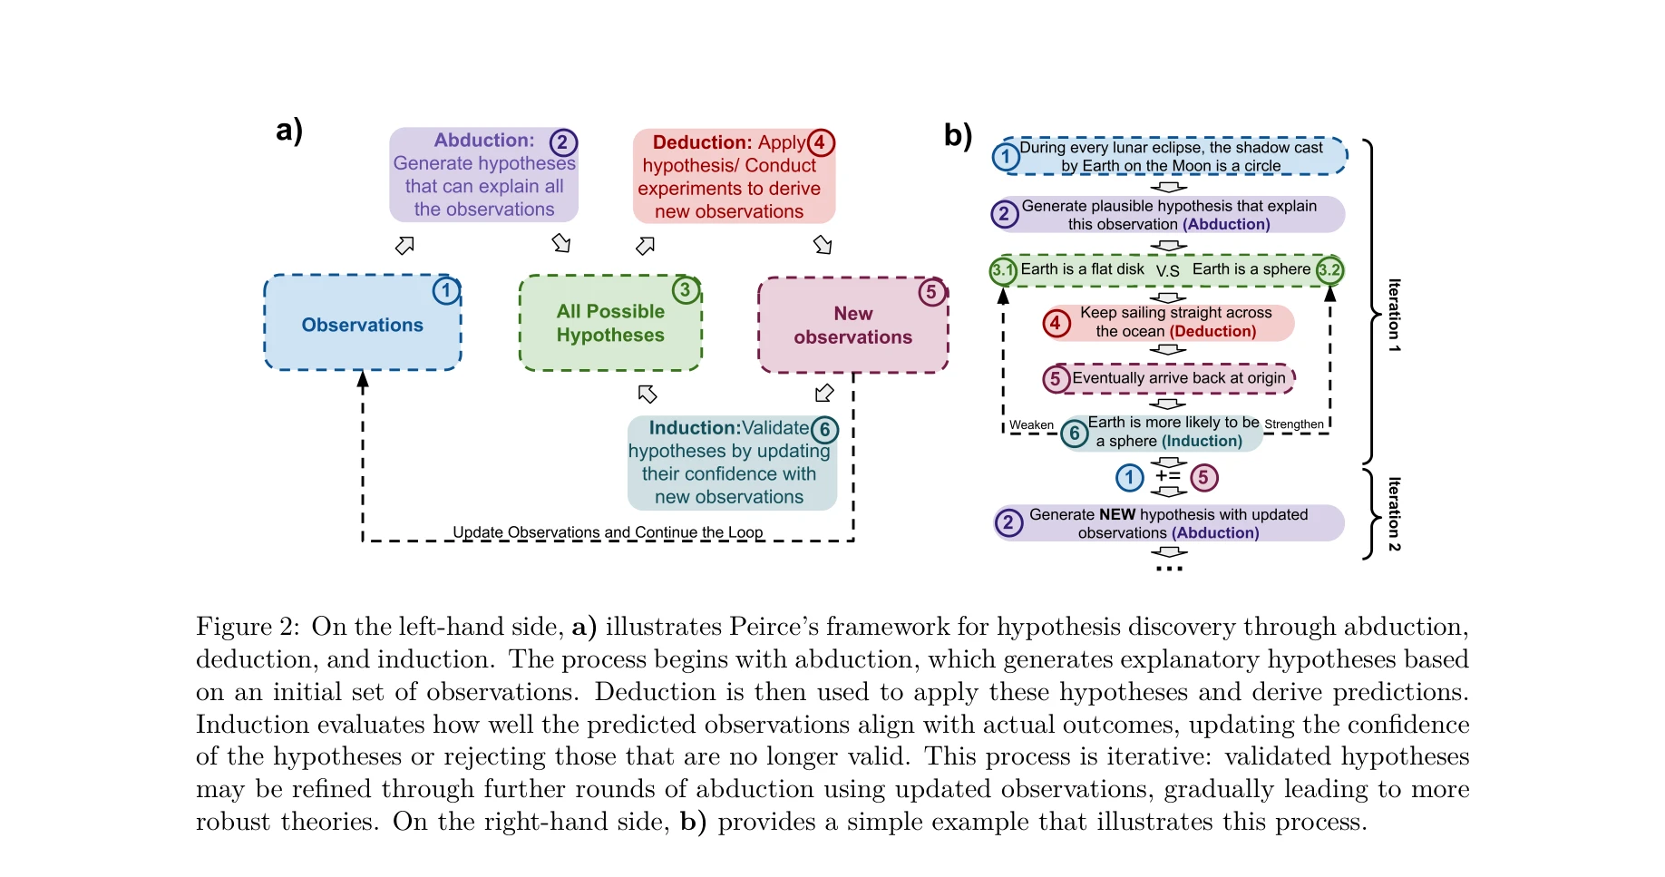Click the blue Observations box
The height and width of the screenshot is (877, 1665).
point(362,324)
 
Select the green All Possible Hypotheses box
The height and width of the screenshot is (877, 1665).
point(610,324)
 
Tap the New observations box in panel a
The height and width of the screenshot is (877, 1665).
point(852,326)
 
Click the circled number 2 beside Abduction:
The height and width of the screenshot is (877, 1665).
point(562,142)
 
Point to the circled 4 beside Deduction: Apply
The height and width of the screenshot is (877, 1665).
point(820,142)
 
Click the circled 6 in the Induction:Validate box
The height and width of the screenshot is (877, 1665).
point(824,430)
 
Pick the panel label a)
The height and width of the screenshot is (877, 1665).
point(289,131)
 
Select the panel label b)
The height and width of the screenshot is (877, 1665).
point(958,135)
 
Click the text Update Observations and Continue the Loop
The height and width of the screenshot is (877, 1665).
point(608,532)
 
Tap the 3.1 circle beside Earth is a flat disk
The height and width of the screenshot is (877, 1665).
point(1003,270)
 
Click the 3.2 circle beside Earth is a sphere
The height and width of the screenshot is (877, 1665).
point(1329,270)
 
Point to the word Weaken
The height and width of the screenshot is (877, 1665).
point(1031,425)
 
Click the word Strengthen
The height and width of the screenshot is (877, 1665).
point(1294,424)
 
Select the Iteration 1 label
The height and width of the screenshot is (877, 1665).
point(1395,316)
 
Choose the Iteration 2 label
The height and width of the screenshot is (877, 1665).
point(1395,513)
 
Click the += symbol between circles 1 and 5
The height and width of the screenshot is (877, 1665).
point(1168,476)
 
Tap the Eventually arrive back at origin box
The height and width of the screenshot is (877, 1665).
point(1178,378)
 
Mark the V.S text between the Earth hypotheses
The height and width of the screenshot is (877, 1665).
point(1168,271)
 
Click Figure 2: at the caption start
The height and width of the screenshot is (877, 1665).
point(248,627)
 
